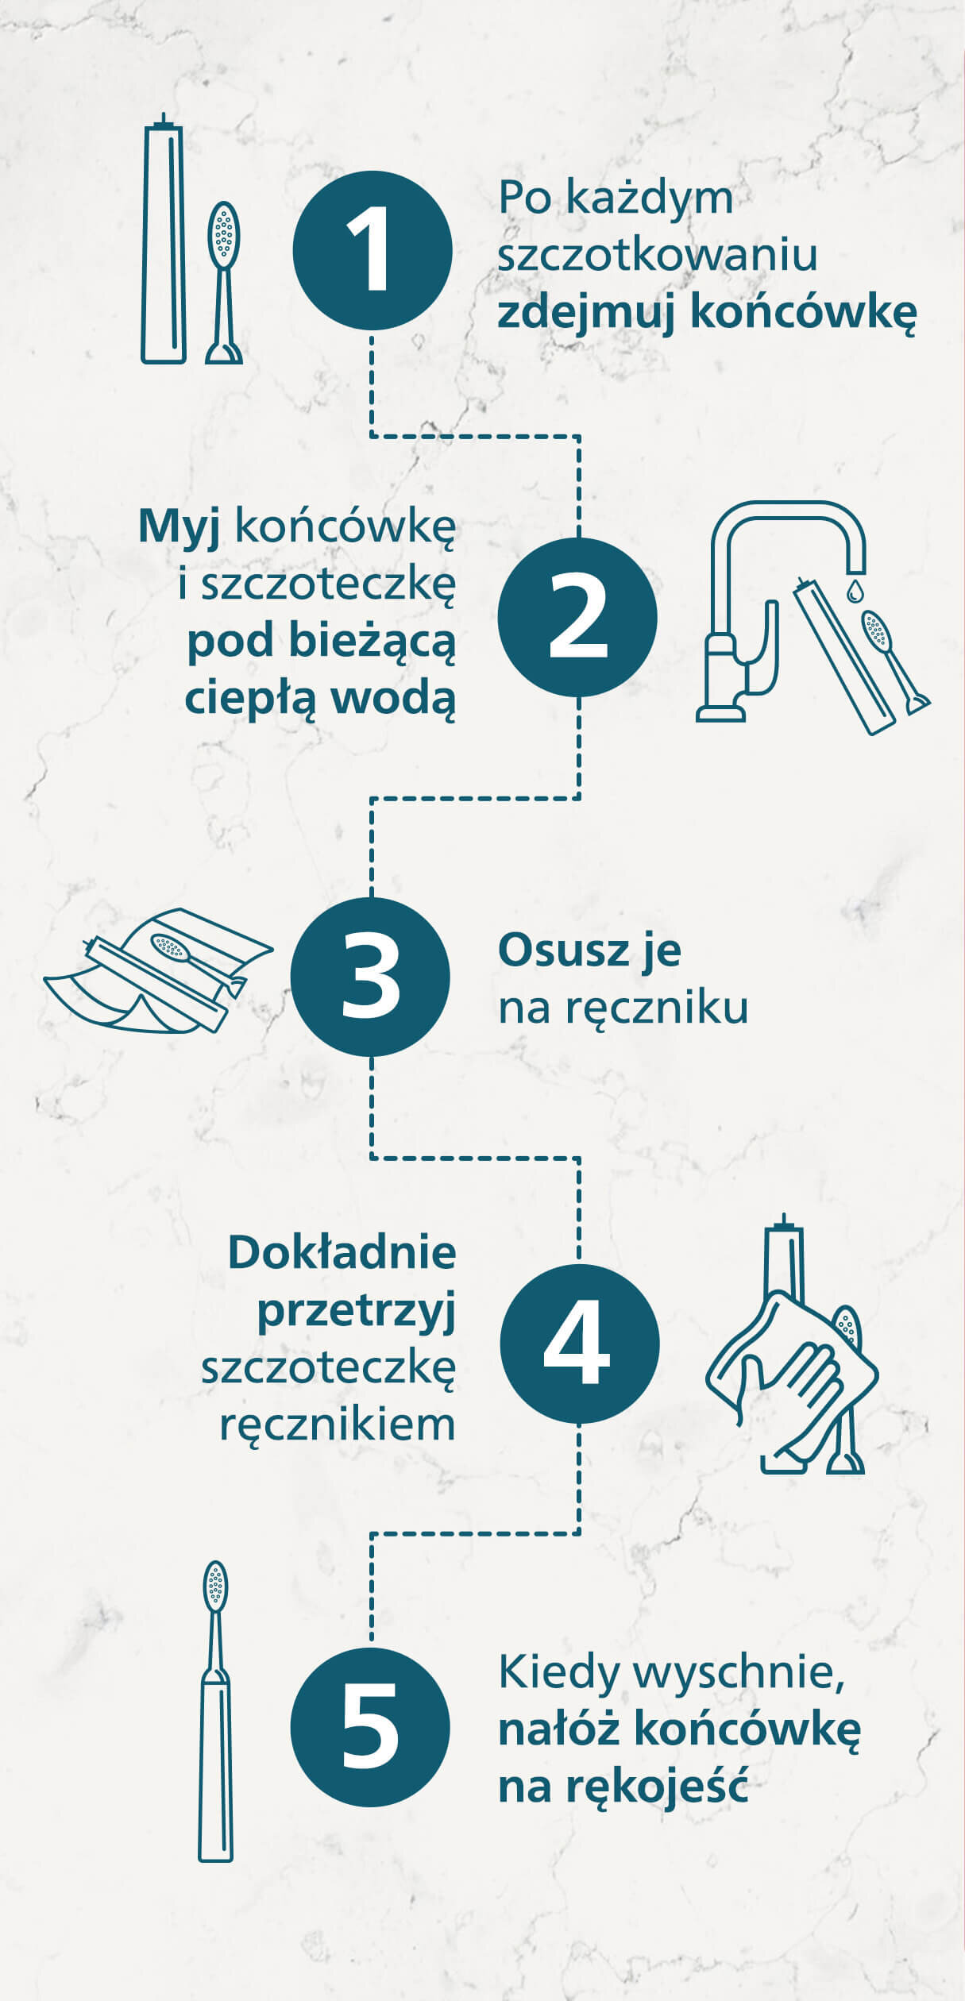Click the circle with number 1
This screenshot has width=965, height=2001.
click(372, 251)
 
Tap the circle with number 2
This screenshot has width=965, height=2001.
click(577, 617)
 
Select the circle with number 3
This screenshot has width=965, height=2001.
click(370, 977)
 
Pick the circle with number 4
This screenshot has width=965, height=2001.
click(579, 1343)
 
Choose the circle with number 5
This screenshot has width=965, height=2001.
click(370, 1726)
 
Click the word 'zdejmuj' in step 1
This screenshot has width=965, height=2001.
click(587, 313)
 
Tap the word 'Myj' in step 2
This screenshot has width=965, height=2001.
click(179, 526)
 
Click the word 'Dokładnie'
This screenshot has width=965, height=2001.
click(342, 1252)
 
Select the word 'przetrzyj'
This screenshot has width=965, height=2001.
click(357, 1311)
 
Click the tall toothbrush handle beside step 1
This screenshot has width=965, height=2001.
click(164, 242)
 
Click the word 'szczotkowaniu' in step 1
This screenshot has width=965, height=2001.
click(658, 256)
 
